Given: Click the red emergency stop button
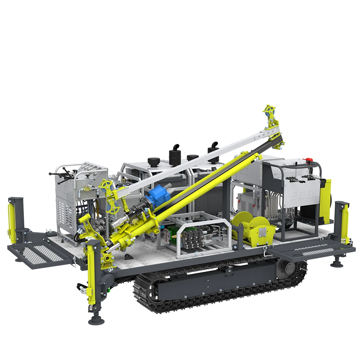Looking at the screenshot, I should point(308,159).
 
